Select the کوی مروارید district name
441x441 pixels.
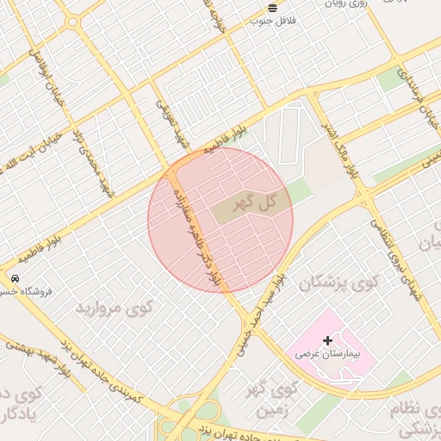(114, 307)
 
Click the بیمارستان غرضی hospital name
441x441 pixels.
(326, 354)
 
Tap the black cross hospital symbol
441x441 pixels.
(327, 341)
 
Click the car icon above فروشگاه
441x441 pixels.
(16, 279)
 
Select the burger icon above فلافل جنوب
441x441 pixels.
(273, 7)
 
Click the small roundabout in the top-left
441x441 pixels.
(72, 22)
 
